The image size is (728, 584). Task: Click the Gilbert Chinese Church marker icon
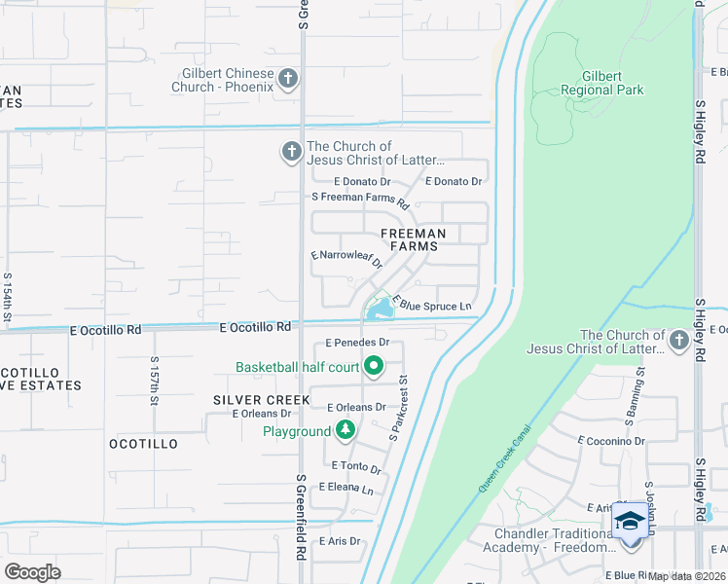(x=287, y=78)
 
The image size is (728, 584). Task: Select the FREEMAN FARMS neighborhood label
(x=413, y=239)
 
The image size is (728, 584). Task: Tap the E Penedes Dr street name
(x=357, y=343)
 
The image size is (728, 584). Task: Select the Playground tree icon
(x=345, y=430)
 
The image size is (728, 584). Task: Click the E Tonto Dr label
(x=355, y=468)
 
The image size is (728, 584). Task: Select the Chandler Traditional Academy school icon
(x=630, y=522)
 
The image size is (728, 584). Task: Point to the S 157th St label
(x=155, y=381)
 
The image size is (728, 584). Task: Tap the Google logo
(x=33, y=571)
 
